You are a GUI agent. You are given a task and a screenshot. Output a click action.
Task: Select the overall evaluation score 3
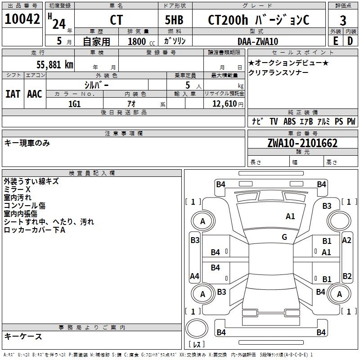point(343,20)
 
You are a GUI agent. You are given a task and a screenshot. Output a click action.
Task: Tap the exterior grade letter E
point(335,41)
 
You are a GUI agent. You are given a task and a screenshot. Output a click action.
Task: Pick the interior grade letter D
point(350,41)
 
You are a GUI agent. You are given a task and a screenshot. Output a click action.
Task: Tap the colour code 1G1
point(74,103)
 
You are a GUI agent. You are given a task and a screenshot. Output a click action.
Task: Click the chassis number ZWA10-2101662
point(302,143)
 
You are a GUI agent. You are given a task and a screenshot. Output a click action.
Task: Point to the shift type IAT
point(13,94)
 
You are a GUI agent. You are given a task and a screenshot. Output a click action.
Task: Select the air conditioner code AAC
point(35,94)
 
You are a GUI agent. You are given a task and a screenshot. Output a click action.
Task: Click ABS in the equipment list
point(289,121)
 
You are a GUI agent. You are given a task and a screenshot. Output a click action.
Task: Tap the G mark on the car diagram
point(284,237)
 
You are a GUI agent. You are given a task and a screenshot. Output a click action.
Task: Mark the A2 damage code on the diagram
point(346,240)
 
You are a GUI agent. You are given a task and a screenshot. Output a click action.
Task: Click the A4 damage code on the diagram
point(195,276)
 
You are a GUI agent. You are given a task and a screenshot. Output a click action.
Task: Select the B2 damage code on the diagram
point(347,276)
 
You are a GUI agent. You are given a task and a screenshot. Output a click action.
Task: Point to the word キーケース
point(23,337)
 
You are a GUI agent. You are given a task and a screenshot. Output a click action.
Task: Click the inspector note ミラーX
point(17,189)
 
